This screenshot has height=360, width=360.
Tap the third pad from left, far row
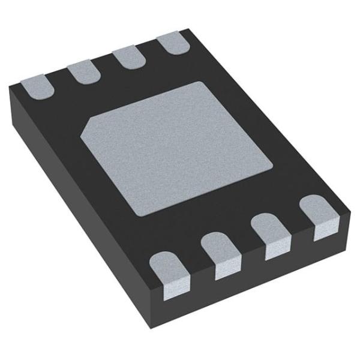127,58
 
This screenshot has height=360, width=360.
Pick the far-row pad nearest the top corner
172,44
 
